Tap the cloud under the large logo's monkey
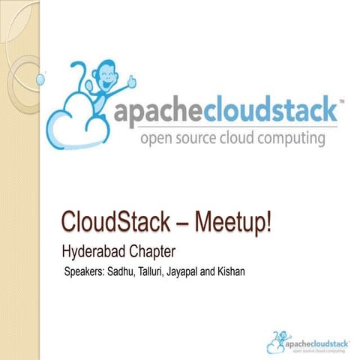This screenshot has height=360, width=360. tap(79, 120)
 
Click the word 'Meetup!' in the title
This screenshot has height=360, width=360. tap(232, 223)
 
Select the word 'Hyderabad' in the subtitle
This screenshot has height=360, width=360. tap(91, 248)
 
